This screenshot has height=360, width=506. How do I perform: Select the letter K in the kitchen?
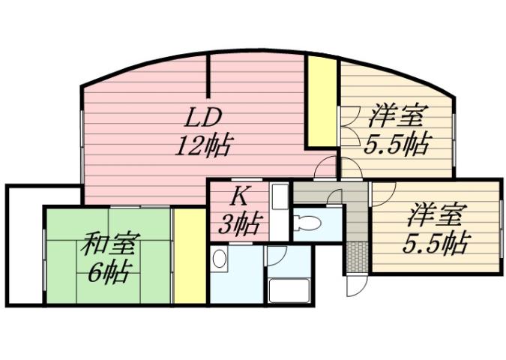(x=238, y=197)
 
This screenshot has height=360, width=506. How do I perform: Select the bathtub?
(x=289, y=289)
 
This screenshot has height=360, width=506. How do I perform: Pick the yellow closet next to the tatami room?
(x=190, y=256)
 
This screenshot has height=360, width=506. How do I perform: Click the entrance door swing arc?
(x=354, y=285)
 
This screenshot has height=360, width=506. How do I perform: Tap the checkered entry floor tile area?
(x=356, y=255)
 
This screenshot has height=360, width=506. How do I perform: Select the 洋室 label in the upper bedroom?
(x=397, y=118)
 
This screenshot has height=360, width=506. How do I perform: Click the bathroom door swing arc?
(x=274, y=253)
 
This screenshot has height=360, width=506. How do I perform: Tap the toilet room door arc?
(x=334, y=196)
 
